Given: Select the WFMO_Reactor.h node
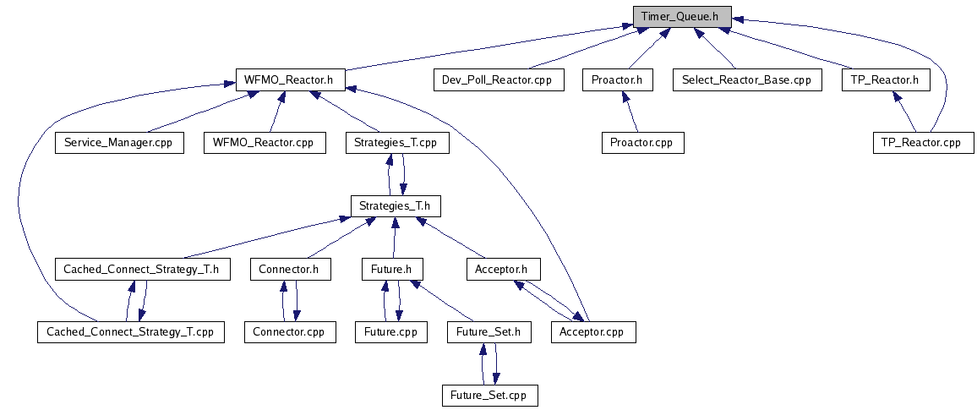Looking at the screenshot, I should coord(289,80).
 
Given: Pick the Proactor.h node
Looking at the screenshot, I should coord(618,80).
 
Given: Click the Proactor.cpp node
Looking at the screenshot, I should coord(641,143).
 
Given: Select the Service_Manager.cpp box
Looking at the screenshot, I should coord(118,143).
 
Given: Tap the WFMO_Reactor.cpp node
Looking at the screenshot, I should coord(265,143).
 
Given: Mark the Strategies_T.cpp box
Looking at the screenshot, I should coord(397,143).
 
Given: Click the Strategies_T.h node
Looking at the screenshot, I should coord(396,205).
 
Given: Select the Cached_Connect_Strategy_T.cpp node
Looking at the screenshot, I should coord(131,332).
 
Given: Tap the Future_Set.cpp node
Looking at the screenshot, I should coord(490,395).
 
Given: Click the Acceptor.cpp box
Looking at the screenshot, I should coord(592,332).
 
